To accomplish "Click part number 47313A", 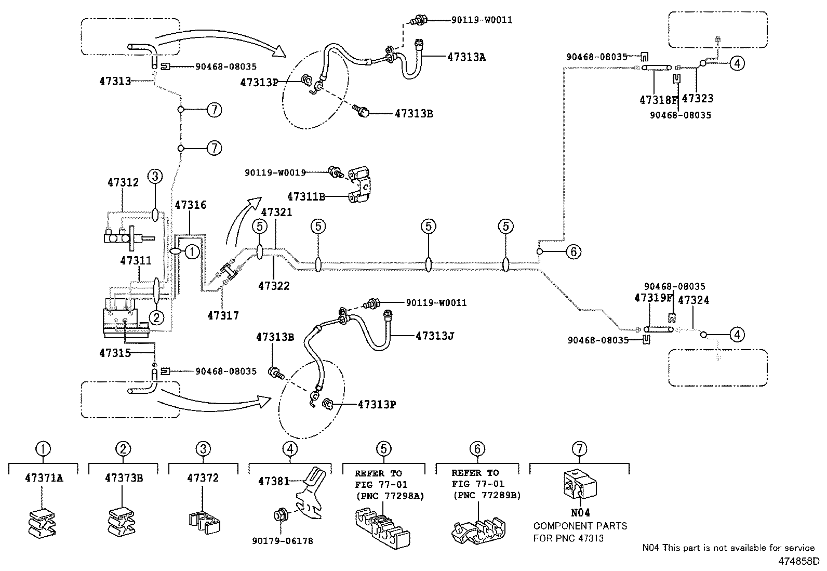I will [466, 57].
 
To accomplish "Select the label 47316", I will [190, 205].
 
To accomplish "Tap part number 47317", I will [223, 315].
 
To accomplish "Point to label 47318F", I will [659, 99].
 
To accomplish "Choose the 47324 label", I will [693, 300].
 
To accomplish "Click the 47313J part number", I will [435, 336].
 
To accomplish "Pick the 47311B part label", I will [306, 196].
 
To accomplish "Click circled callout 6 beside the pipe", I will [573, 252].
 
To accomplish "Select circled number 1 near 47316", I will [192, 251].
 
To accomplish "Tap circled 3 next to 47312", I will [155, 177].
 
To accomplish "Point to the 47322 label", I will [274, 286].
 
